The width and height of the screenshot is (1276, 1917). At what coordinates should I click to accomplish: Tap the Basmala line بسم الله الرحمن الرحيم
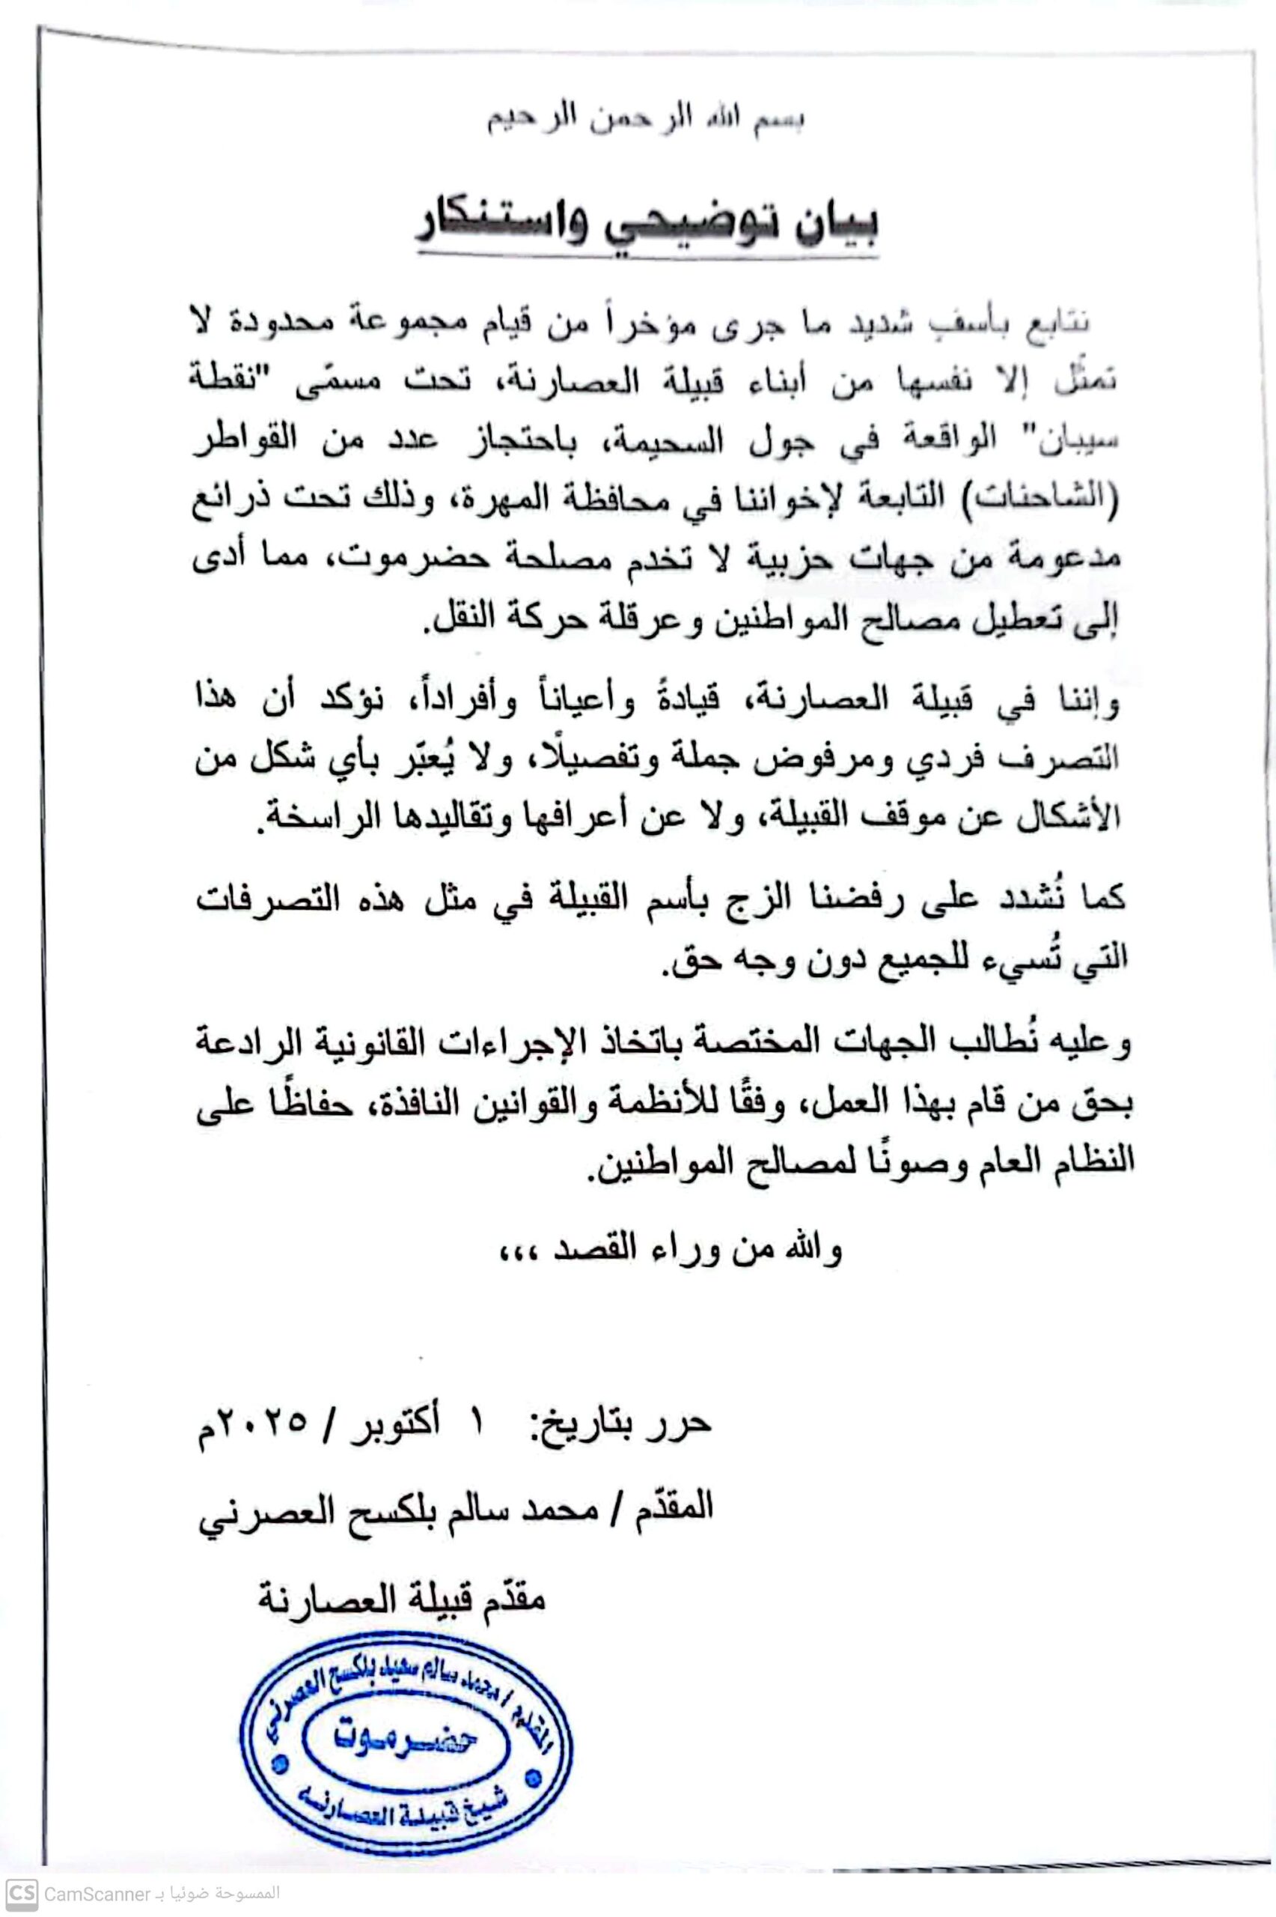coord(646,120)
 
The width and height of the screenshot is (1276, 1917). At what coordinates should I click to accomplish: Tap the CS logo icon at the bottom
coord(22,1893)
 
